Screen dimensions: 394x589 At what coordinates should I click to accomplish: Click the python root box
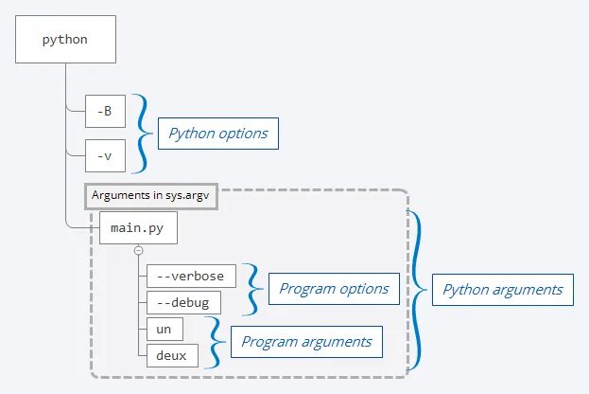[65, 40]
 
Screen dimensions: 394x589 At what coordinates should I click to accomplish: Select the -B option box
[105, 111]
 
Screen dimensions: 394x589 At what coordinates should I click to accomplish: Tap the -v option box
[105, 153]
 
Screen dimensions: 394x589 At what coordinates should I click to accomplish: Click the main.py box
[137, 228]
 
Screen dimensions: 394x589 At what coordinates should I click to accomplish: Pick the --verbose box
[191, 276]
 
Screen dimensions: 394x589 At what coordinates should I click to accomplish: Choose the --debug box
[183, 302]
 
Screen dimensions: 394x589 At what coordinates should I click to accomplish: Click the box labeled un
[164, 329]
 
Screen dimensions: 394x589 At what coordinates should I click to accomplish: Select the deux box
[172, 355]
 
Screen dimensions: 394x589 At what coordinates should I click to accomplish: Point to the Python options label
[217, 134]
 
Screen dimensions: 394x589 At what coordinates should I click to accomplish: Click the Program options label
[333, 289]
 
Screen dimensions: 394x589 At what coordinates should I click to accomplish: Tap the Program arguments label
[307, 341]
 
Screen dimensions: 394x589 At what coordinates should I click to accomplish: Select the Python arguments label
[502, 290]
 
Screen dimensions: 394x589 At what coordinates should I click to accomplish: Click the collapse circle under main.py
[138, 250]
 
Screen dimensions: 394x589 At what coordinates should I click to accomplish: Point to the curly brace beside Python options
[142, 132]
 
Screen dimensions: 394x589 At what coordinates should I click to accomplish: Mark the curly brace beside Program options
[252, 289]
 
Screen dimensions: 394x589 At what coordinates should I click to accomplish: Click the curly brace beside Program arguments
[217, 342]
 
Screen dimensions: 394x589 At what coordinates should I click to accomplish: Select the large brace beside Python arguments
[416, 289]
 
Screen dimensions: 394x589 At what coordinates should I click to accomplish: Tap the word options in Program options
[362, 289]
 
